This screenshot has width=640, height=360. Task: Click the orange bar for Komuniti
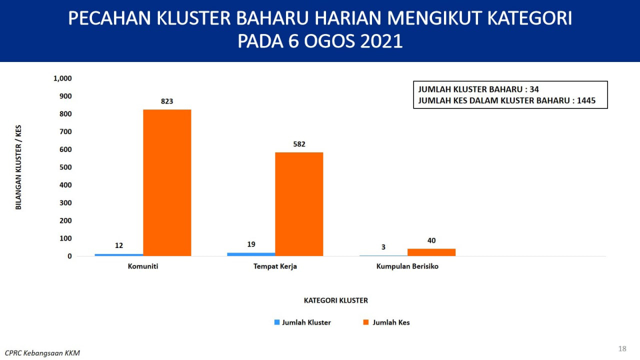[167, 182]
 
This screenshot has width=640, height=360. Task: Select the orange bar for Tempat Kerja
[299, 204]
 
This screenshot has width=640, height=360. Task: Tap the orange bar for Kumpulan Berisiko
[431, 252]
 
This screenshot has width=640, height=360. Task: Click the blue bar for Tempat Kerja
[251, 254]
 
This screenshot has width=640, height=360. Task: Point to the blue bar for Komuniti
[119, 255]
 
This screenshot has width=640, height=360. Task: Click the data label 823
[167, 101]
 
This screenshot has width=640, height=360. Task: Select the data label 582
[299, 144]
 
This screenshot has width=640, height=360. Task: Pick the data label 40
[431, 240]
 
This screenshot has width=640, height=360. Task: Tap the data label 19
[251, 244]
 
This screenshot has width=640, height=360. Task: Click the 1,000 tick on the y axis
[62, 78]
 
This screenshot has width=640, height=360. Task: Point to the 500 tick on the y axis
[65, 167]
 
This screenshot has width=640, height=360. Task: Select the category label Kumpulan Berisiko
[407, 266]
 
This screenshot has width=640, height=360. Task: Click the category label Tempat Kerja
[275, 266]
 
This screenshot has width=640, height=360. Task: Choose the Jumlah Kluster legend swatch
[277, 322]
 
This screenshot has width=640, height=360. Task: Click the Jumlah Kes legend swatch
[365, 322]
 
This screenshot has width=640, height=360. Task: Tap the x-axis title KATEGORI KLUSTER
[336, 300]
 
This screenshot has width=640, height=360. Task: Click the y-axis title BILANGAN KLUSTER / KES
[18, 167]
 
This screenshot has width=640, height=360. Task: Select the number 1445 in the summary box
[586, 100]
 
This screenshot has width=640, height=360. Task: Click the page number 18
[622, 348]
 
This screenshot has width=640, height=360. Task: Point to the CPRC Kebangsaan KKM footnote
[42, 353]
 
